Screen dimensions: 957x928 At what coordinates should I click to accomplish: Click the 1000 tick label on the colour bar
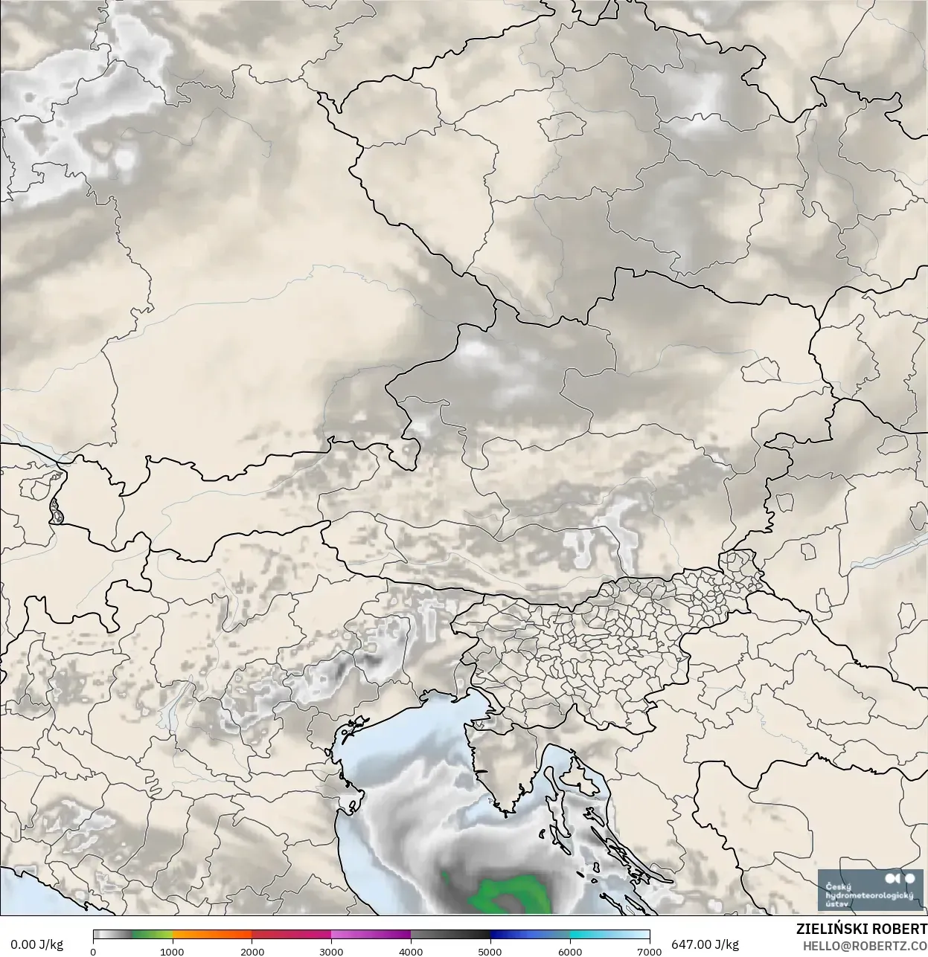tap(172, 951)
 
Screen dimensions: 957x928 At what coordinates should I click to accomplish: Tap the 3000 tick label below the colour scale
tap(331, 951)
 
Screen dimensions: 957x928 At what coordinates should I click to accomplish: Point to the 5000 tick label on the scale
tap(490, 951)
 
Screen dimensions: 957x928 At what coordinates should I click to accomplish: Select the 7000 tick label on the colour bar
tap(649, 951)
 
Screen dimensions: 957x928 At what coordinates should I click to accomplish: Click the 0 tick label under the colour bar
tap(93, 951)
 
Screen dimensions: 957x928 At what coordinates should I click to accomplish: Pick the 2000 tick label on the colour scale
tap(252, 951)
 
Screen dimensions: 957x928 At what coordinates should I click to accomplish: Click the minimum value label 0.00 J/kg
tap(36, 944)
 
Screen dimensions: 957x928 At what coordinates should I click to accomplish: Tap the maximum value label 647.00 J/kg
tap(705, 944)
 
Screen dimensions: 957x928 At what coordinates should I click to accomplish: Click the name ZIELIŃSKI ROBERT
tap(861, 929)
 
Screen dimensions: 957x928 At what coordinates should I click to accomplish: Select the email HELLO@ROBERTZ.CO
tap(864, 946)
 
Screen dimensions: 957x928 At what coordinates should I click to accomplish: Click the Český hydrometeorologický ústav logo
tap(869, 890)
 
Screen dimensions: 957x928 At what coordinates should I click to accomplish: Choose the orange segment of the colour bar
tap(212, 935)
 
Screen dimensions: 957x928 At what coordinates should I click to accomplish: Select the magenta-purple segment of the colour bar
tap(372, 935)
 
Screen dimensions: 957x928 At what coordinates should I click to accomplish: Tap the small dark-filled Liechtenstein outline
tap(56, 511)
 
